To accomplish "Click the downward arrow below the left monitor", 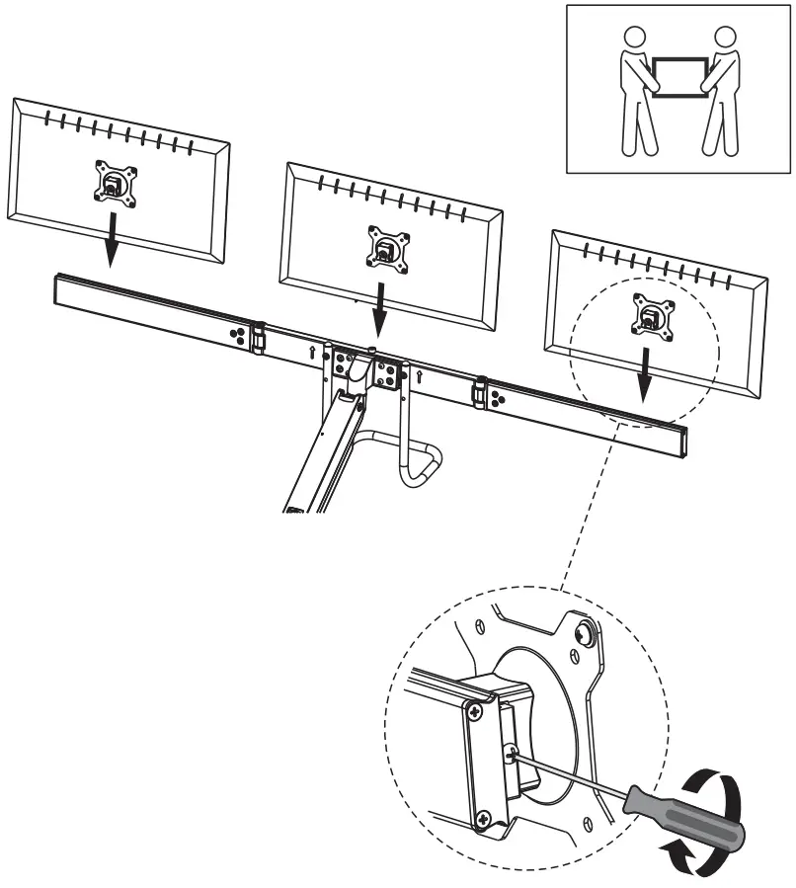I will [x=111, y=243].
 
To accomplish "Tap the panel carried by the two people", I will [x=679, y=77].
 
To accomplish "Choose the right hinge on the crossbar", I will [x=481, y=393].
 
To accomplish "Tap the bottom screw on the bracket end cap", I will [x=483, y=817].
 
